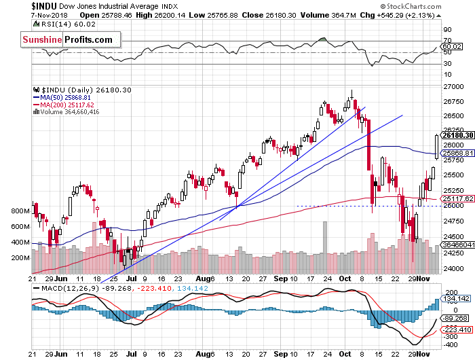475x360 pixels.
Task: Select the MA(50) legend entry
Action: click(68, 98)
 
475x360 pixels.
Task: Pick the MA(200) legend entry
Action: click(70, 105)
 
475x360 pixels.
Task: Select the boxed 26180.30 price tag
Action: click(457, 135)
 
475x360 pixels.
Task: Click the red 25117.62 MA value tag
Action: click(457, 198)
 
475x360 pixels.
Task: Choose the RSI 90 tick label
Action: click(447, 30)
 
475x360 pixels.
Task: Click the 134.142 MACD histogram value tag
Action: click(455, 298)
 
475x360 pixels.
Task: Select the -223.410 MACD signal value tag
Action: click(457, 329)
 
